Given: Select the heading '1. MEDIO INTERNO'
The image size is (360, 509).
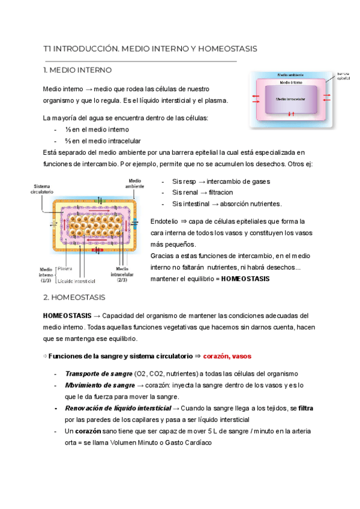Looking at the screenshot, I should coord(79,70).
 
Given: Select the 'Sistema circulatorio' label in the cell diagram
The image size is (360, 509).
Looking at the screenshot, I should coord(43,188).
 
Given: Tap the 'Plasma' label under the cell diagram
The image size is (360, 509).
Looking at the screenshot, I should coord(65,269).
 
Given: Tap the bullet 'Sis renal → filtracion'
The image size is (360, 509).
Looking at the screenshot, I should coord(204,193).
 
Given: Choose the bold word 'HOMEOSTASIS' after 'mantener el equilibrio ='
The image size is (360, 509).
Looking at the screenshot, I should coord(245,279).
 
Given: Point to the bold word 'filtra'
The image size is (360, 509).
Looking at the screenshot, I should coord(305,408).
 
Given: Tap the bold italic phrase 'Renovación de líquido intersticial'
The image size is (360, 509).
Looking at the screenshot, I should coord(118,408).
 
